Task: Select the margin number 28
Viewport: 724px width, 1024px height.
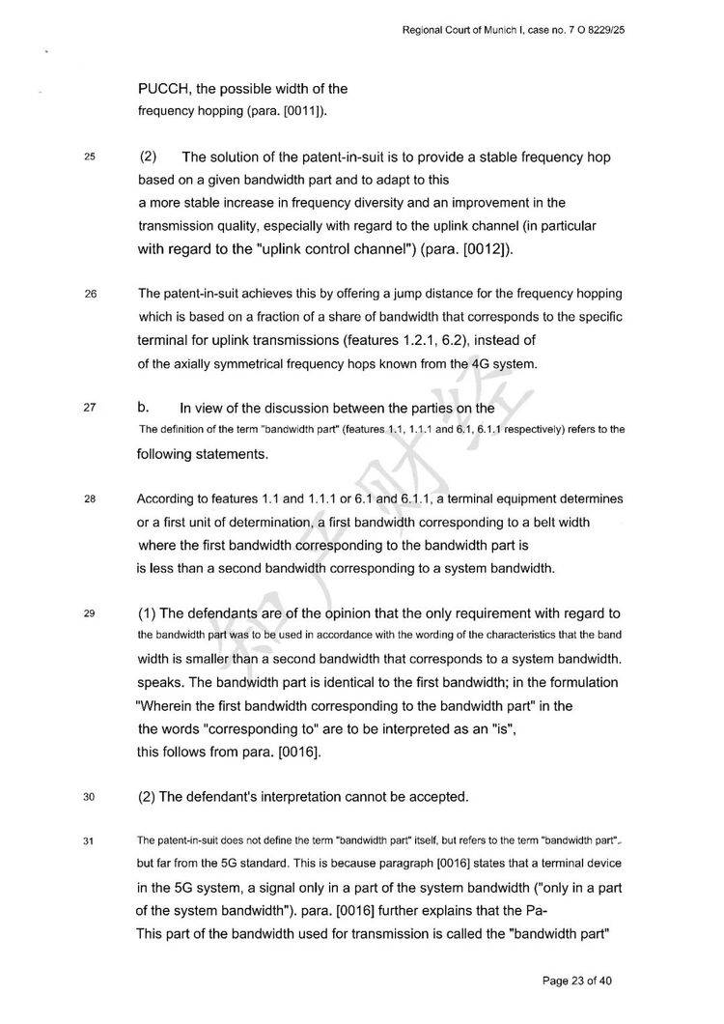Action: (90, 500)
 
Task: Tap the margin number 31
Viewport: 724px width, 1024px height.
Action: (90, 840)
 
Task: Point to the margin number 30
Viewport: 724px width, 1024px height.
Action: (90, 798)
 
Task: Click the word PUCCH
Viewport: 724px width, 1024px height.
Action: (168, 90)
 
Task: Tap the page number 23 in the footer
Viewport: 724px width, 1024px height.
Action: (576, 981)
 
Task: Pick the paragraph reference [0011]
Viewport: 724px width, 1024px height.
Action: (298, 111)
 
